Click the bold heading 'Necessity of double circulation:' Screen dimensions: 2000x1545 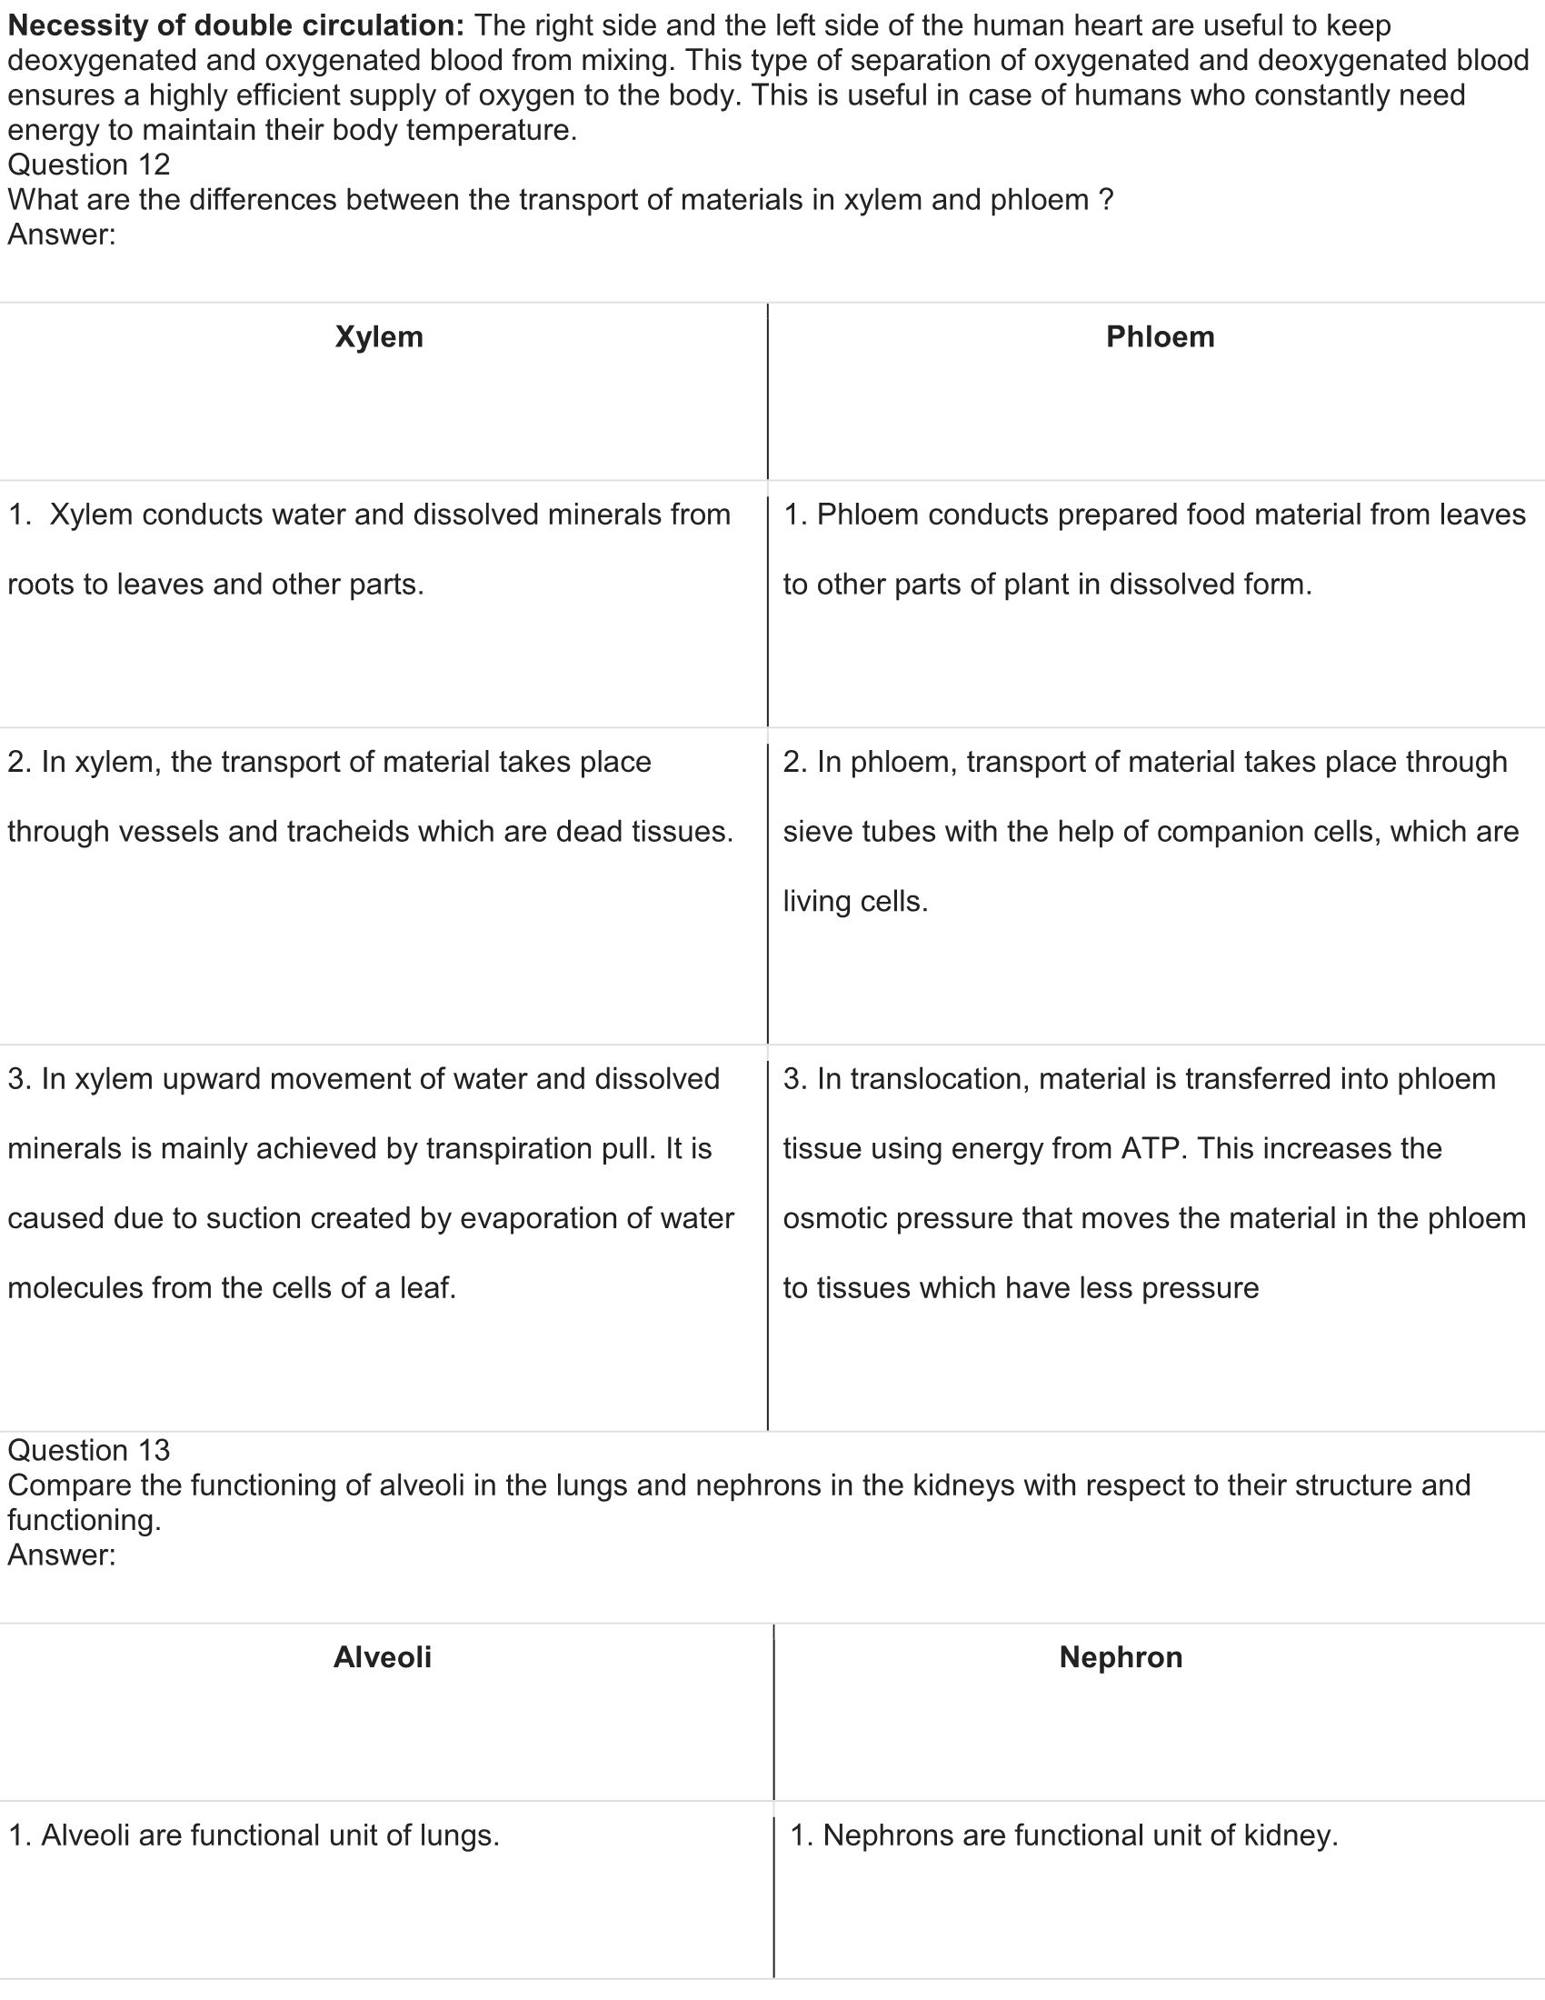tap(236, 25)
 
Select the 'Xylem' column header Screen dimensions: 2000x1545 tap(379, 337)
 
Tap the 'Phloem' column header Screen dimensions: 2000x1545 tap(1160, 337)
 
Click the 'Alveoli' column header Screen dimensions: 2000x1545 tap(382, 1656)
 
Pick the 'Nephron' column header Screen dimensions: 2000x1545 tap(1121, 1656)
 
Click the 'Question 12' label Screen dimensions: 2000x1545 tap(89, 165)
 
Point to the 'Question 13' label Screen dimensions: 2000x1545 tap(89, 1450)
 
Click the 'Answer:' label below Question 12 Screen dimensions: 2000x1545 tap(62, 235)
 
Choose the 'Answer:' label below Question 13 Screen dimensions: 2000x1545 tap(62, 1555)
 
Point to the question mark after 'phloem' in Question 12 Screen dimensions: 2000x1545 tap(1106, 200)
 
